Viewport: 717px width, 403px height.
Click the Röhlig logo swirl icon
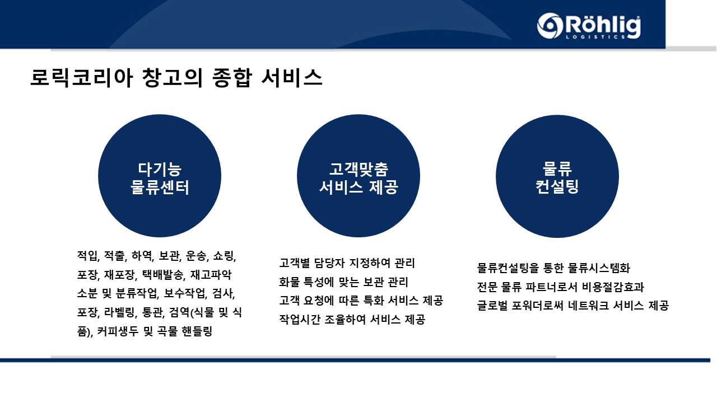click(x=550, y=26)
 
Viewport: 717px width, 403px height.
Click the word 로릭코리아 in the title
click(x=81, y=78)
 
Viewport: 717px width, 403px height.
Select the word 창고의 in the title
click(x=172, y=78)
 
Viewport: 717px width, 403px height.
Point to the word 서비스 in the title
click(x=292, y=78)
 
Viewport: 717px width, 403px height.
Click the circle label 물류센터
click(x=160, y=187)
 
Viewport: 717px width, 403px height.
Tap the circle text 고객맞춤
click(x=358, y=169)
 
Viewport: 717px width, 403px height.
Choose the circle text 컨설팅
click(x=557, y=186)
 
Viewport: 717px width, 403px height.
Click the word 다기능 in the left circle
click(x=160, y=169)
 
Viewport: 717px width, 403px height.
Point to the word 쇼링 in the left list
click(x=225, y=256)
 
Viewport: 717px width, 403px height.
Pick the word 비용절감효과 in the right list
click(x=613, y=287)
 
